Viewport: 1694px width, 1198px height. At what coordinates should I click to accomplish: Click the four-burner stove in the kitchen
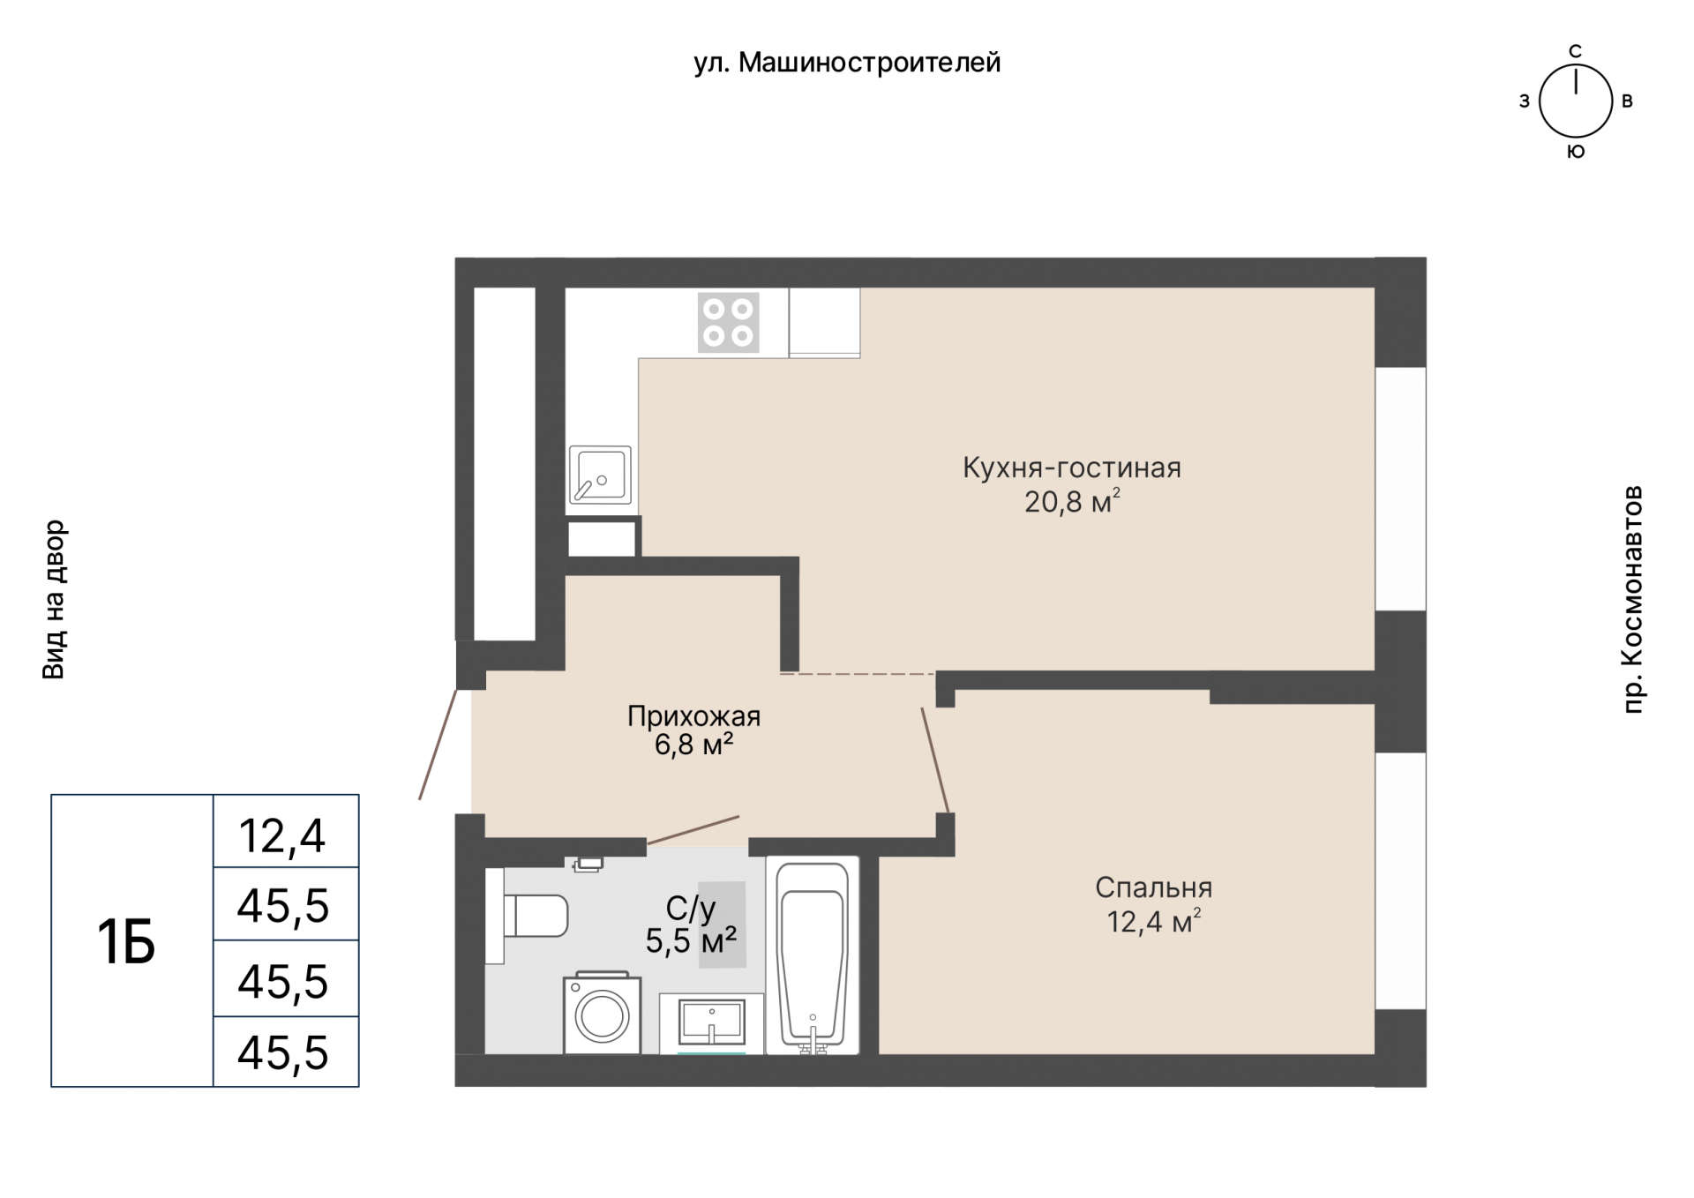click(729, 323)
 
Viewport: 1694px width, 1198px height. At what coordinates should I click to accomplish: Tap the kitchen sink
click(600, 475)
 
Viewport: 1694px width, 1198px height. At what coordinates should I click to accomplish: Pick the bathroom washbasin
click(712, 1023)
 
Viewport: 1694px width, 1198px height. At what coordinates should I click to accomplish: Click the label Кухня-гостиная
click(1072, 468)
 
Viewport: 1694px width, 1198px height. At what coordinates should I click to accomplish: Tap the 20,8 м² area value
click(1072, 502)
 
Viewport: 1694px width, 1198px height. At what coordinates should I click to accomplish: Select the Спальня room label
click(1154, 887)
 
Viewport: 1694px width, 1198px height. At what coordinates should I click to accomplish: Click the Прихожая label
click(693, 716)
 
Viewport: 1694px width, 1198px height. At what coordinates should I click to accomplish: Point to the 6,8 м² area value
click(693, 745)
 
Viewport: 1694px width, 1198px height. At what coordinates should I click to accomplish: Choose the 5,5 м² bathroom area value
click(691, 941)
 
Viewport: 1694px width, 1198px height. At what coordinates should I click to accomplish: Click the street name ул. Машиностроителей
click(847, 63)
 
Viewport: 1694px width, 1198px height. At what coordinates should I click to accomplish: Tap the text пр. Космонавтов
click(1633, 599)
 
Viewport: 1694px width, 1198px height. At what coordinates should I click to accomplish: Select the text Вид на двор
click(54, 600)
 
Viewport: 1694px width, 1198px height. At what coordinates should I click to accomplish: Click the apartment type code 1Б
click(126, 942)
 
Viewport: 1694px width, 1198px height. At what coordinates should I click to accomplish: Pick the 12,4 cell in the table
click(282, 835)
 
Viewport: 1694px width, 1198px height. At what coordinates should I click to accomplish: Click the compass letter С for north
click(1575, 51)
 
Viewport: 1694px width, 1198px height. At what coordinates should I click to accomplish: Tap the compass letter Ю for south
click(1576, 152)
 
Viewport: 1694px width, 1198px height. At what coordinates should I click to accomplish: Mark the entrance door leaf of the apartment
click(438, 745)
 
